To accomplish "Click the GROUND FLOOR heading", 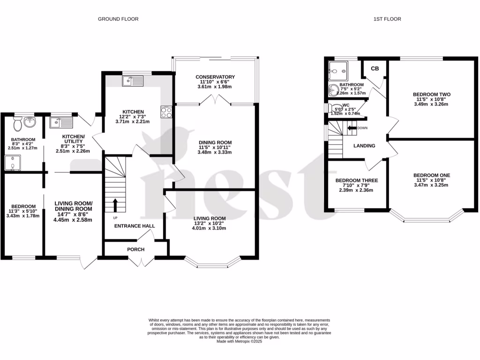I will [x=118, y=19].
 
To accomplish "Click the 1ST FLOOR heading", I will [x=387, y=19].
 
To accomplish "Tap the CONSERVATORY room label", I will [x=215, y=77].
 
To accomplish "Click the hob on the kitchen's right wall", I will [x=166, y=112].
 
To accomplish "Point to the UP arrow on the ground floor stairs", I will [x=115, y=205].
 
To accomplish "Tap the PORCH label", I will [x=135, y=249].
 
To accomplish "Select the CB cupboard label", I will [x=375, y=68].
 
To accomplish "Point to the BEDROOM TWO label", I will [x=431, y=94].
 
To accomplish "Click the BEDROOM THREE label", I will [x=356, y=180].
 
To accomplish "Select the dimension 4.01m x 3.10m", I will [x=210, y=228].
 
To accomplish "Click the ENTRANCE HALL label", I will [x=135, y=226].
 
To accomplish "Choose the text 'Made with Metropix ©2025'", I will [x=240, y=342].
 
